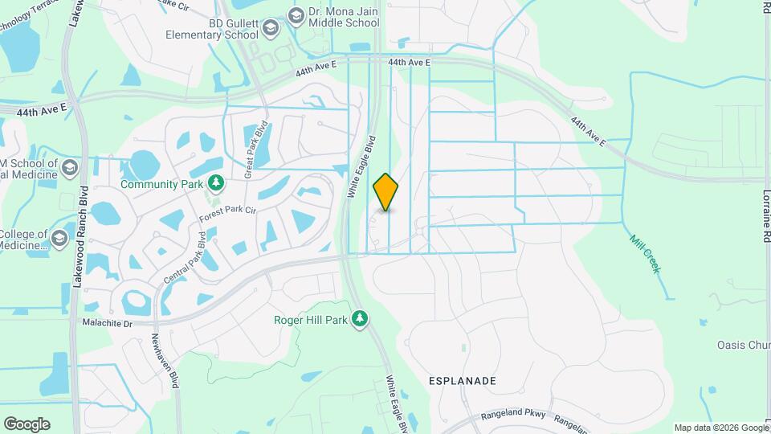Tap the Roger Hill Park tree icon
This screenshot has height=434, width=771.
pos(360,320)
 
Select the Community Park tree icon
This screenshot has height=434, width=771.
pos(215,184)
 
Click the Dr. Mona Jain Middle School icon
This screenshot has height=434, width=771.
pos(296,14)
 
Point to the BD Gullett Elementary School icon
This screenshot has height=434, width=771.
pos(271,30)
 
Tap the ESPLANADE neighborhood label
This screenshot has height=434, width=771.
pos(462,380)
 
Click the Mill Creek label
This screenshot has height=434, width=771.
pos(645,254)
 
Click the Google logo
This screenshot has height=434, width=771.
pos(27,424)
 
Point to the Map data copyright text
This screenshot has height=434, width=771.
pos(720,428)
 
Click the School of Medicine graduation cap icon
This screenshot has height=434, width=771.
pos(70,168)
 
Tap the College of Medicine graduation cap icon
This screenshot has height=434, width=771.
pos(59,239)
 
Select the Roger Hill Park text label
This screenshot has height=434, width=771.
pos(310,320)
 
